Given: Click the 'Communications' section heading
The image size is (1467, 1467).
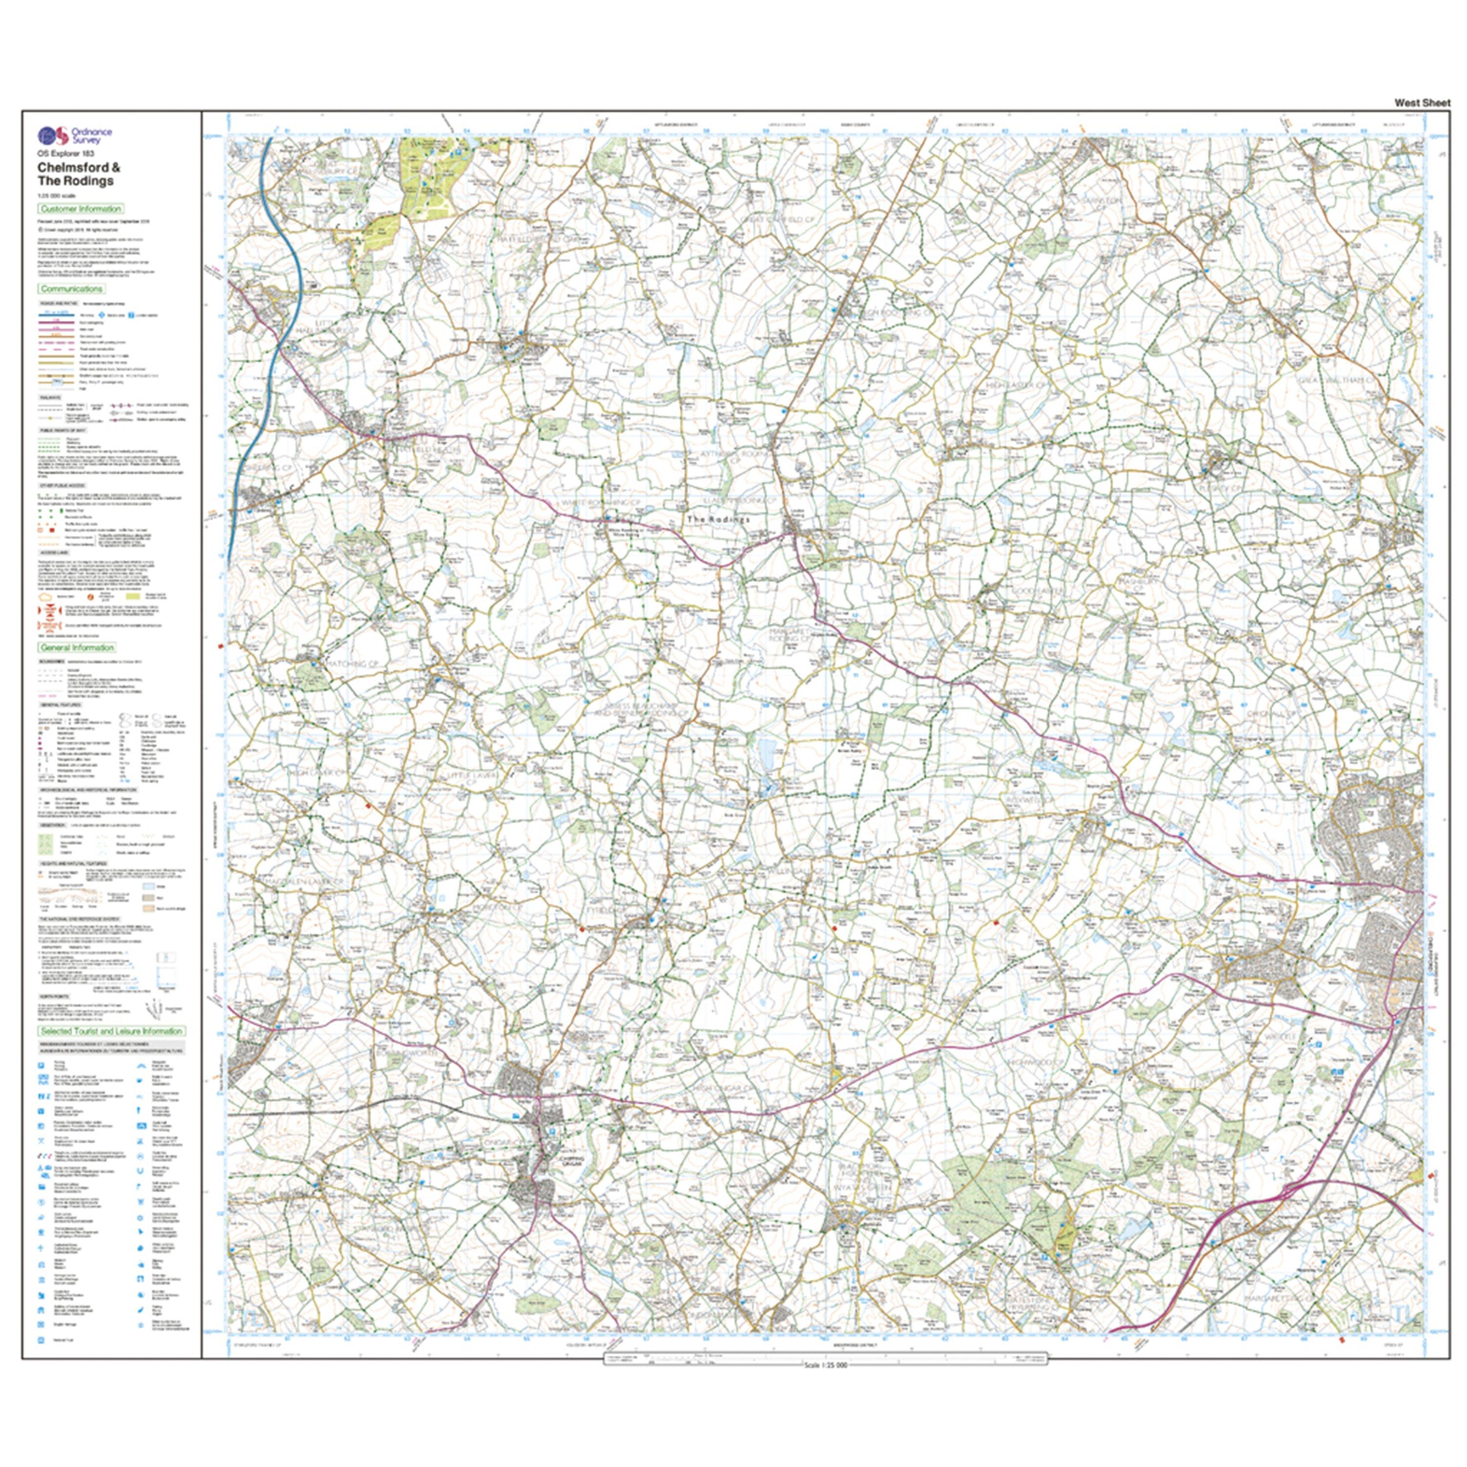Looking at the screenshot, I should click(71, 289).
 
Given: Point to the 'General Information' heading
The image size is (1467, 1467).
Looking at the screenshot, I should click(77, 648).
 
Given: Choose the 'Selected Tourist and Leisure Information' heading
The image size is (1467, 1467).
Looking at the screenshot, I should click(111, 1031).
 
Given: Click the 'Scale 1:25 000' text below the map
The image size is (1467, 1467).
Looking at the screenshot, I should click(824, 1365).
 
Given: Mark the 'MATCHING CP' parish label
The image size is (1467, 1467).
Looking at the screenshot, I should click(352, 664).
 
